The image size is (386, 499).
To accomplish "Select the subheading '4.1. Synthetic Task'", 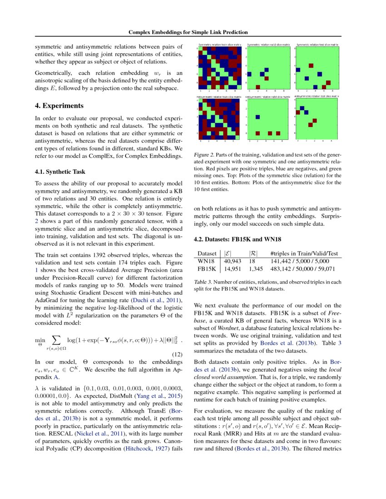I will pos(60,172).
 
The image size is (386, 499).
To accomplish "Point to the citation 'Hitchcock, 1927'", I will pos(145,448).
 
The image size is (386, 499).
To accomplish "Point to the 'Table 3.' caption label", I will pos(203,282).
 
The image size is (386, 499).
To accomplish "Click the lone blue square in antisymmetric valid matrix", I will pos(257,117).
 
